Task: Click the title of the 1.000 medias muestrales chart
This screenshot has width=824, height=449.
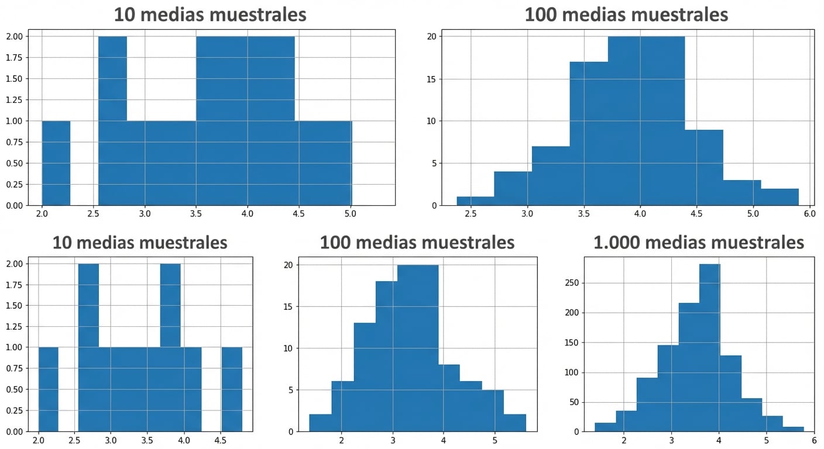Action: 699,242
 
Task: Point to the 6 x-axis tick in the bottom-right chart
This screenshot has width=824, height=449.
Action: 814,440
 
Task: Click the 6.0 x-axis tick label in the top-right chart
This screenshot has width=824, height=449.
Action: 809,214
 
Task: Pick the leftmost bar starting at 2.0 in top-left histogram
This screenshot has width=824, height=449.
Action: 56,163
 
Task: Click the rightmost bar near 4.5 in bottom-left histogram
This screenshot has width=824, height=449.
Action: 232,389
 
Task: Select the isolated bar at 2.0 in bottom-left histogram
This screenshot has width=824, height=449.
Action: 49,389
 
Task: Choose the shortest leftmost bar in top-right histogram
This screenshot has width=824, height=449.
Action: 475,201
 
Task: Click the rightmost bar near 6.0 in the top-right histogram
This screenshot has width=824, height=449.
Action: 780,197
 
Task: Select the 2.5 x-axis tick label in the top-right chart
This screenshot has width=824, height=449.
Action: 471,214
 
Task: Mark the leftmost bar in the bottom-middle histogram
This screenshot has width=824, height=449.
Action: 320,423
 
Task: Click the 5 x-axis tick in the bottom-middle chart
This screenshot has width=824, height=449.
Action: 495,440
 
